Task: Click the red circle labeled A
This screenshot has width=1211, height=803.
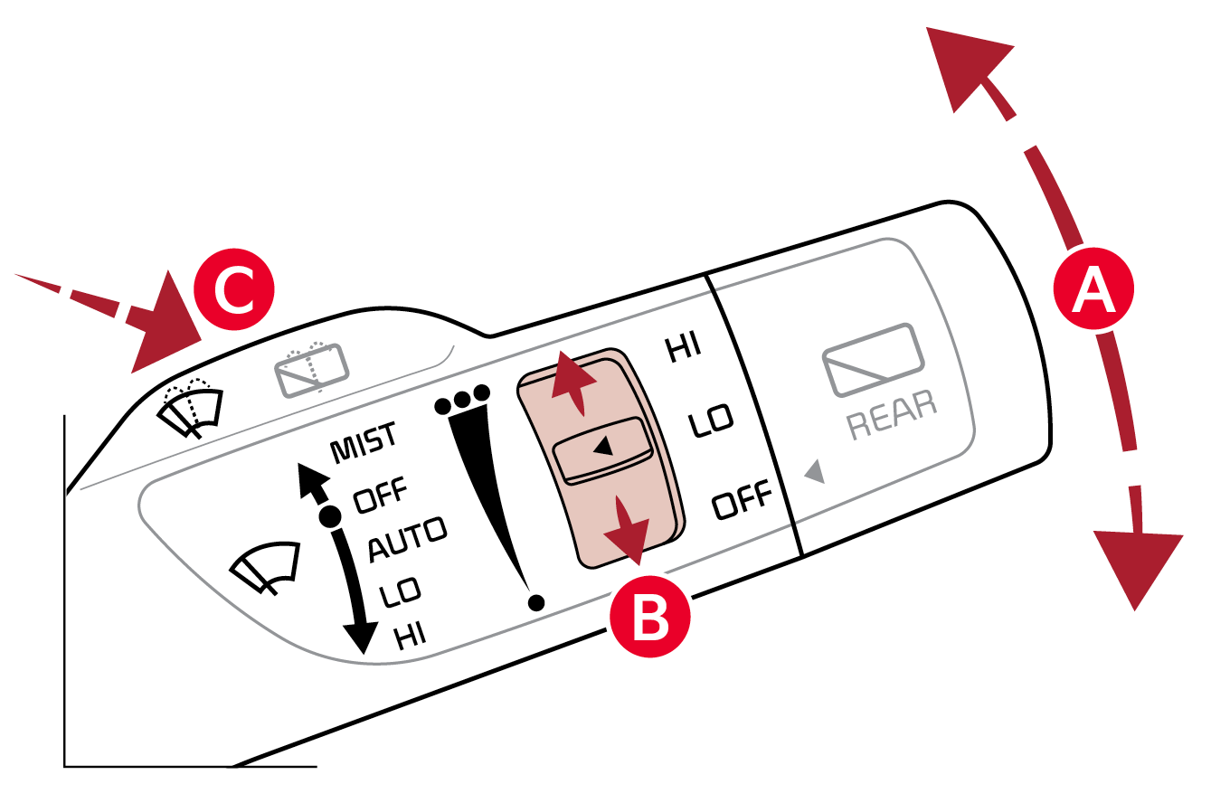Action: (x=1093, y=288)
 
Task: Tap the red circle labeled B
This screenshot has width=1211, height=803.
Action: (x=650, y=617)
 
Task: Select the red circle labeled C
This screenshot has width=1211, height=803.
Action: (x=234, y=289)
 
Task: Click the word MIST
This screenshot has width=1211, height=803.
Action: (x=364, y=442)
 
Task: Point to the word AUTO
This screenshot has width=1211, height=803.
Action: (x=408, y=540)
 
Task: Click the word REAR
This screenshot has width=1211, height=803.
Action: (x=892, y=414)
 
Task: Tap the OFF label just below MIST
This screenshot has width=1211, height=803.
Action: (x=380, y=495)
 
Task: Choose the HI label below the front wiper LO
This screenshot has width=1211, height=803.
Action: (x=411, y=636)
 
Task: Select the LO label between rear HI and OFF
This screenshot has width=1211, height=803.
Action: (x=710, y=420)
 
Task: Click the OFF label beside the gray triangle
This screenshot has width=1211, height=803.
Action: (x=742, y=499)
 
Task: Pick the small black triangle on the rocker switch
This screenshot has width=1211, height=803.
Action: (x=603, y=446)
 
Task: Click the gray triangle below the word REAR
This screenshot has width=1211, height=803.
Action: (x=815, y=471)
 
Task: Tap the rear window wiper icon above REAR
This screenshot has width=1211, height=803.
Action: (x=873, y=360)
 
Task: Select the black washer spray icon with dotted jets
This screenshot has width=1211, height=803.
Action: (x=190, y=408)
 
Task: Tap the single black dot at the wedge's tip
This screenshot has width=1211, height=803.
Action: (x=536, y=602)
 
